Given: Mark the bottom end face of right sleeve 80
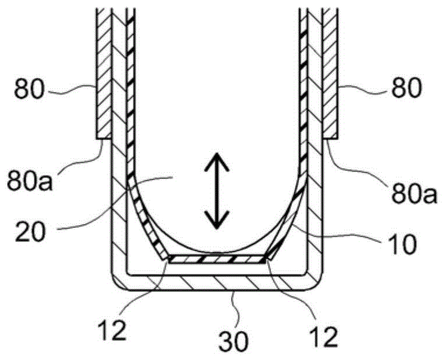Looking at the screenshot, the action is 330,138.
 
